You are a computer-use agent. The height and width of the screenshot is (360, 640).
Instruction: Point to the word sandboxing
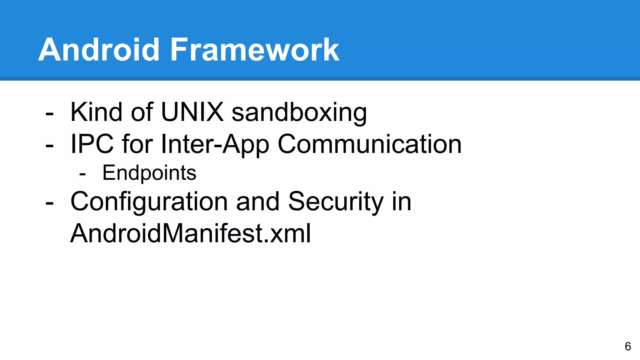[x=299, y=113]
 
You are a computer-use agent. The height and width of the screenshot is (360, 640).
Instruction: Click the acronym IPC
[x=92, y=144]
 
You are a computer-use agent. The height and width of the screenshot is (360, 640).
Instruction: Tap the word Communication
[x=369, y=144]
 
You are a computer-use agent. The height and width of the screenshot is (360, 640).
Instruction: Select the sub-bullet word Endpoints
[x=149, y=173]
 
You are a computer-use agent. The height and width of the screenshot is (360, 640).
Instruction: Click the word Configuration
[x=149, y=202]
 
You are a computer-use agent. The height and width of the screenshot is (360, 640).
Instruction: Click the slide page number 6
[x=628, y=346]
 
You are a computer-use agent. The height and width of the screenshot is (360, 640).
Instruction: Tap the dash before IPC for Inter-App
[x=49, y=146]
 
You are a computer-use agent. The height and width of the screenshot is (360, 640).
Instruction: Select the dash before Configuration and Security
[x=49, y=203]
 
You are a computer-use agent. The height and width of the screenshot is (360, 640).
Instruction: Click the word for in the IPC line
[x=137, y=144]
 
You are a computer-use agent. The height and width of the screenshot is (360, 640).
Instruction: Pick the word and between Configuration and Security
[x=257, y=202]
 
